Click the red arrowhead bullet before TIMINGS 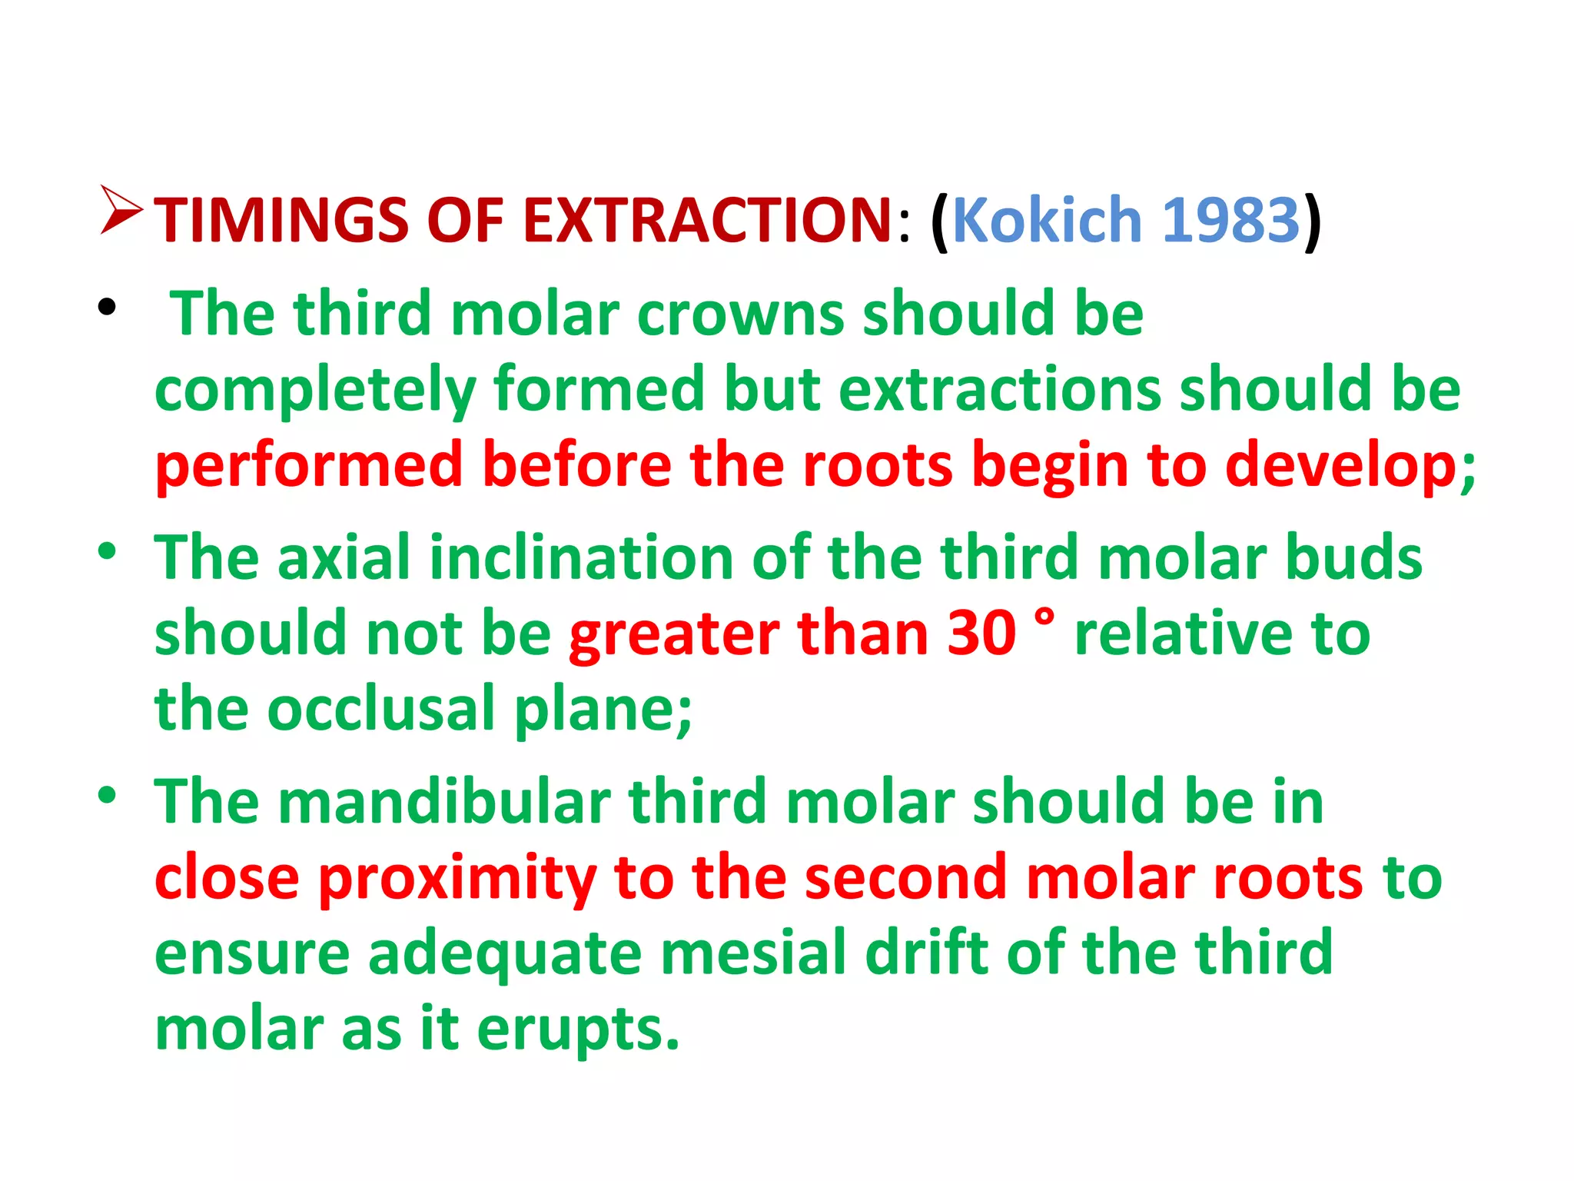pyautogui.click(x=121, y=210)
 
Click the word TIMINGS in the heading pyautogui.click(x=281, y=221)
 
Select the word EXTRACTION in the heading pyautogui.click(x=707, y=221)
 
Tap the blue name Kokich pyautogui.click(x=1047, y=221)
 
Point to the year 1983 pyautogui.click(x=1230, y=221)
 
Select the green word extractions pyautogui.click(x=1000, y=390)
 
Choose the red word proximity pyautogui.click(x=457, y=878)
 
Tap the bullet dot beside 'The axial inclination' pyautogui.click(x=107, y=551)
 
